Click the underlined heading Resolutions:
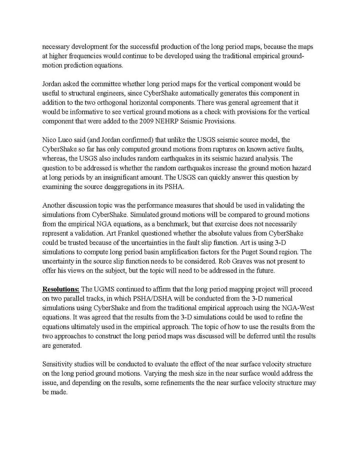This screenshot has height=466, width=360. (61, 289)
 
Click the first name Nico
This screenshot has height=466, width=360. (49, 140)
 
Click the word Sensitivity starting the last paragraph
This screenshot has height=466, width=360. (57, 364)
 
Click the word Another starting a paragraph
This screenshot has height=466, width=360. (54, 205)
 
